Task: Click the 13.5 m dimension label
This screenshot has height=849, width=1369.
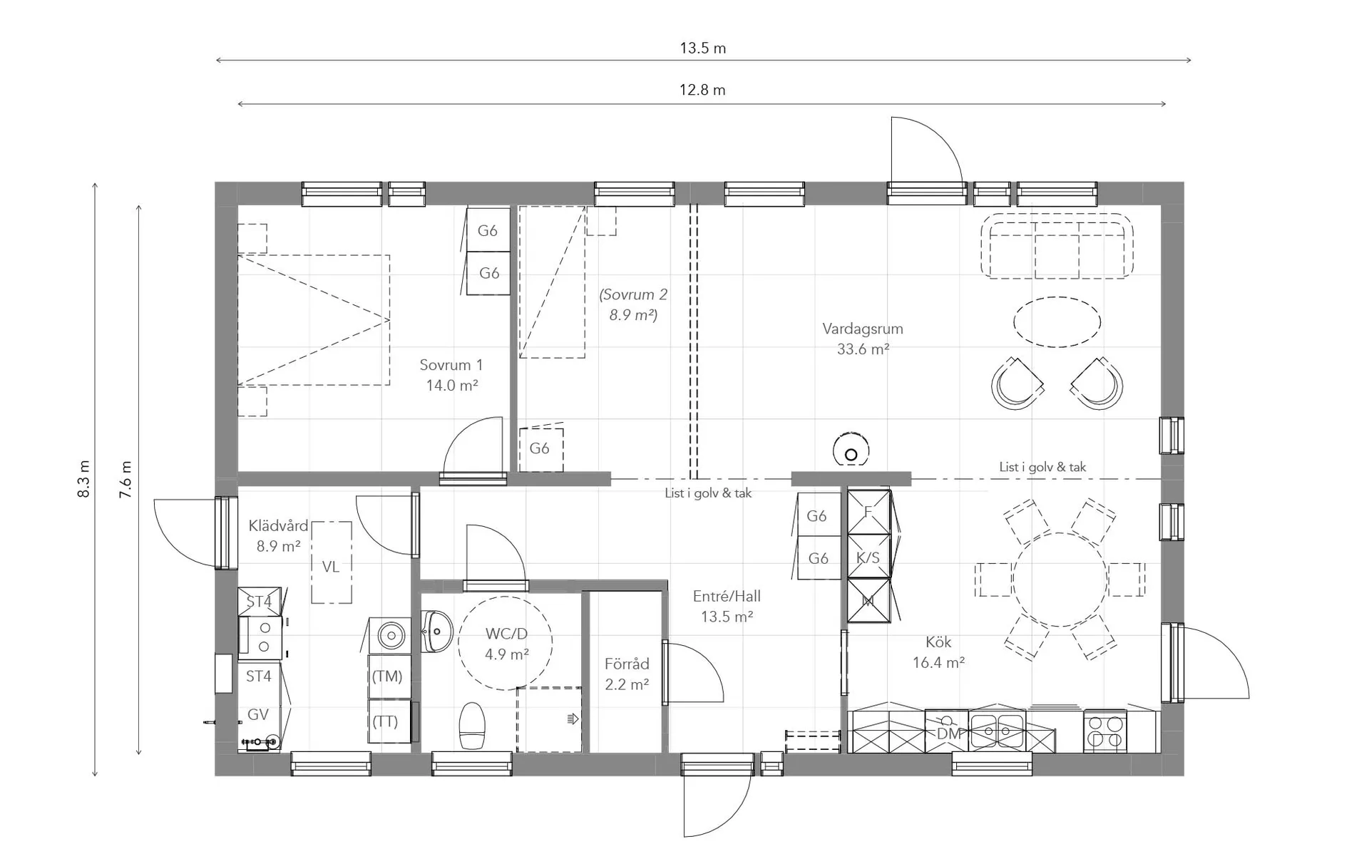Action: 702,48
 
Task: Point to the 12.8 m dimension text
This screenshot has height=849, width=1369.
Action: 702,90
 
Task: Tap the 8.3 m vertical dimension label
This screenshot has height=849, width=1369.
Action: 84,478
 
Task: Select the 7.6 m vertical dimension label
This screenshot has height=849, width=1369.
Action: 126,478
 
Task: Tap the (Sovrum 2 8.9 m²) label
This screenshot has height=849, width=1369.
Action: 633,304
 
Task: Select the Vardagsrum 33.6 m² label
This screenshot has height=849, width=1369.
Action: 863,339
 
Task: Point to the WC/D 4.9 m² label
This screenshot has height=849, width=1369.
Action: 506,644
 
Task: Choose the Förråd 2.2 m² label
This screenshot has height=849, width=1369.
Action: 627,674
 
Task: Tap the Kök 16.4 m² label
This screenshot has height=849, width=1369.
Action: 938,652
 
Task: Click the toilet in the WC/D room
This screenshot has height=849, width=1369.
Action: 472,726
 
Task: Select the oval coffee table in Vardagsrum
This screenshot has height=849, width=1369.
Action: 1057,322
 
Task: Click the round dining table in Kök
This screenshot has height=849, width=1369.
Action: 1060,580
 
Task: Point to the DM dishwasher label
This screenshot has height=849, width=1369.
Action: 948,734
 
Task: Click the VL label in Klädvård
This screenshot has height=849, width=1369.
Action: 330,567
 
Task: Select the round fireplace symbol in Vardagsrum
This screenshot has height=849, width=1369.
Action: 851,449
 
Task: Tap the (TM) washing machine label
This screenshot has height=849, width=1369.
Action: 387,676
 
